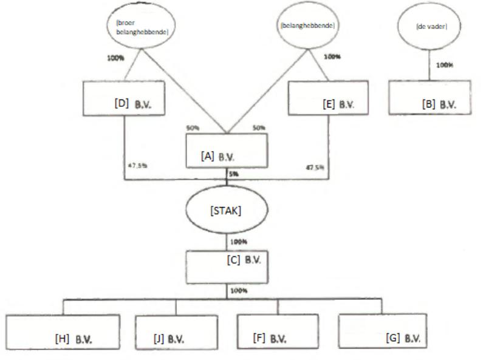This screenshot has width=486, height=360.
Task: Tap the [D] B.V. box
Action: pyautogui.click(x=125, y=97)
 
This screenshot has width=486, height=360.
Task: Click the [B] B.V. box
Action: pyautogui.click(x=429, y=96)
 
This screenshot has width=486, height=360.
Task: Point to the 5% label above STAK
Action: pyautogui.click(x=234, y=173)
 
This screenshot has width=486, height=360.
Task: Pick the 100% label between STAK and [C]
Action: pyautogui.click(x=238, y=242)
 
